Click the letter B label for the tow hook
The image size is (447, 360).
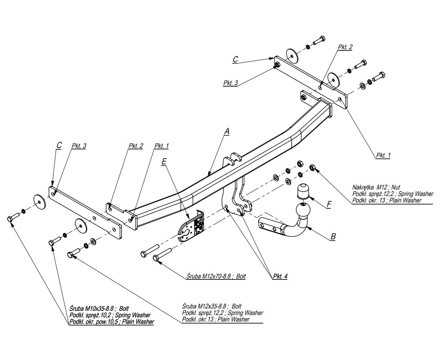coord(333,236)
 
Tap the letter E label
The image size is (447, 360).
coord(164,161)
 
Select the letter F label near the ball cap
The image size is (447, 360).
coord(329,204)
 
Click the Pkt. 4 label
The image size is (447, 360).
coord(280,277)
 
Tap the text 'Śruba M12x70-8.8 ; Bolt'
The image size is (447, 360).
coord(216,277)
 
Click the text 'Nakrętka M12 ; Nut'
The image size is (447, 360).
coord(376,187)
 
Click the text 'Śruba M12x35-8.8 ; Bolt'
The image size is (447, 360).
coord(212,307)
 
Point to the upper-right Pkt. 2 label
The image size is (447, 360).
coord(345,47)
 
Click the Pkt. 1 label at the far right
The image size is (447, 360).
coord(383,156)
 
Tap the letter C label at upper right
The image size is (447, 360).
coord(235,59)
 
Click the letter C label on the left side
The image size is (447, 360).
coord(59,145)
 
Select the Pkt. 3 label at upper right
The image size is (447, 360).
coord(230,83)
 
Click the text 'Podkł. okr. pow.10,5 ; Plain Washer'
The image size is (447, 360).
coord(112,322)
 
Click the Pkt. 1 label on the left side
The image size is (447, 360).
coord(162,146)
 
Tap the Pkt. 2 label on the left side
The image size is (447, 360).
coord(136,146)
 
